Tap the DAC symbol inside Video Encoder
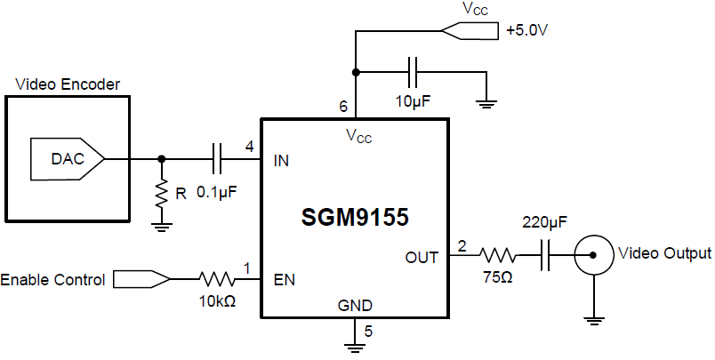click(x=68, y=159)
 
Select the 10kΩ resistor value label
click(x=217, y=301)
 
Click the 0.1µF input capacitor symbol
click(x=217, y=159)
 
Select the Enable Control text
click(x=52, y=280)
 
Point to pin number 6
click(x=343, y=107)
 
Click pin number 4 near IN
click(x=249, y=146)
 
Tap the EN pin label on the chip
click(x=285, y=280)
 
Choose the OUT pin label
click(x=422, y=258)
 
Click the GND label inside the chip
click(x=355, y=306)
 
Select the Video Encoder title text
click(x=68, y=84)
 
